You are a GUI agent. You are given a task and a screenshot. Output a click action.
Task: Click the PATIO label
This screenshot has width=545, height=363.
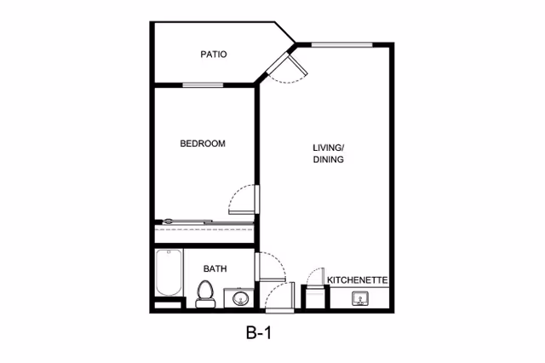[x=213, y=55]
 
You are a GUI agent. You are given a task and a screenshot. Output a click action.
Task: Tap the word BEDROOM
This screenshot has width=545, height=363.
[x=203, y=144]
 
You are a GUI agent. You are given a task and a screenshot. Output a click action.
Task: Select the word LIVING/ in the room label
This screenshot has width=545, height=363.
[x=328, y=147]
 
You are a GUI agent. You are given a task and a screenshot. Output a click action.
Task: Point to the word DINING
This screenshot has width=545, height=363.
[x=328, y=159]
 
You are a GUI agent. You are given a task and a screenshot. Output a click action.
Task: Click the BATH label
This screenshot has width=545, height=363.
[x=215, y=269]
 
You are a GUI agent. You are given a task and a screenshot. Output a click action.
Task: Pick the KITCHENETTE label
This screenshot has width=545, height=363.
[x=359, y=279]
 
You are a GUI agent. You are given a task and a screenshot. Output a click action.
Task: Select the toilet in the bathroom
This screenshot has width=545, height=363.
[x=204, y=293]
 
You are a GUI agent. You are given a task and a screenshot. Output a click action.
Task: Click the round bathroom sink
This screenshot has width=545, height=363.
[x=240, y=298]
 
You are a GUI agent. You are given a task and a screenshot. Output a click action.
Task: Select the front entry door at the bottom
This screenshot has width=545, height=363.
[x=278, y=294]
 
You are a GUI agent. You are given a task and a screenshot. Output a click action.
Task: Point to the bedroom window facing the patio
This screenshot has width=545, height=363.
[x=203, y=84]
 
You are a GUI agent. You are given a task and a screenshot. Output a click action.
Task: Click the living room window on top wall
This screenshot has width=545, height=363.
[x=340, y=43]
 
